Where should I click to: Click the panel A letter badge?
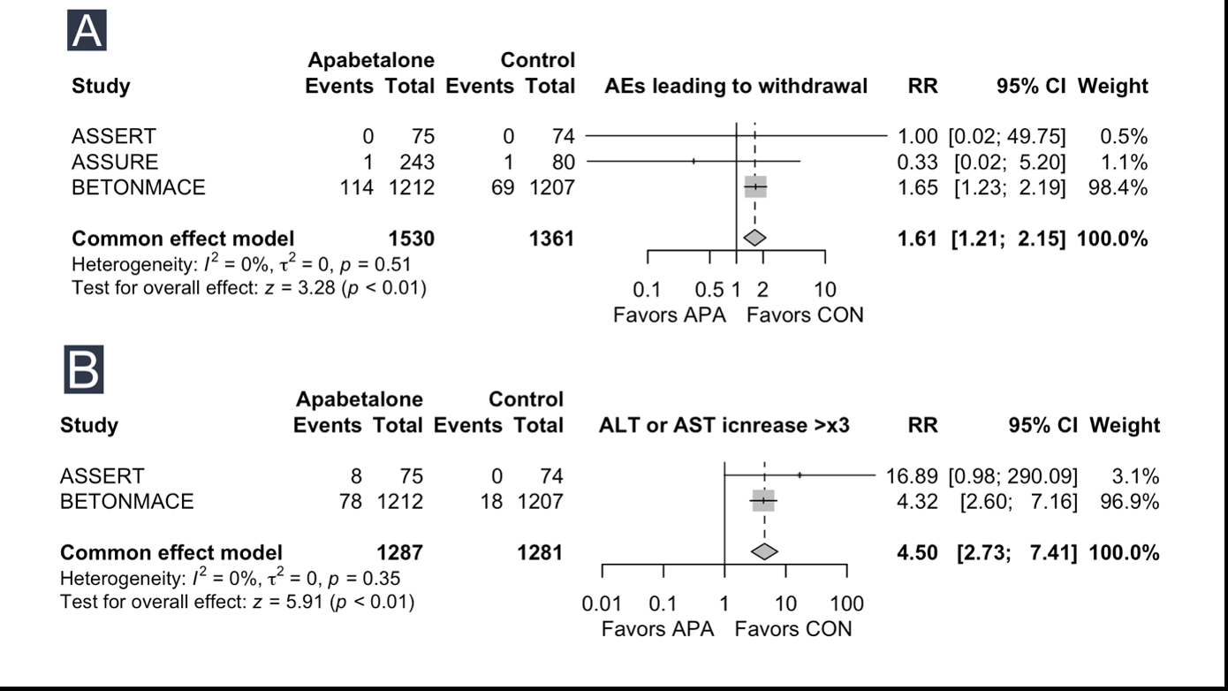pyautogui.click(x=87, y=31)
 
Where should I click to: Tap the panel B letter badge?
pyautogui.click(x=84, y=369)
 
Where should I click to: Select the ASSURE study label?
pyautogui.click(x=115, y=162)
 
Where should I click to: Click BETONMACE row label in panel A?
pyautogui.click(x=138, y=187)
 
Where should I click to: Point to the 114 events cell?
pyautogui.click(x=356, y=187)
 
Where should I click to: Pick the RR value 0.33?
pyautogui.click(x=918, y=162)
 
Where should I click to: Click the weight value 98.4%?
pyautogui.click(x=1124, y=187)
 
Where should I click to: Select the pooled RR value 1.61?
pyautogui.click(x=918, y=238)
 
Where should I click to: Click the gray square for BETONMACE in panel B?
pyautogui.click(x=762, y=501)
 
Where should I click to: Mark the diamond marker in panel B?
pyautogui.click(x=764, y=552)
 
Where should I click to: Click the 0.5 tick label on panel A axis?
pyautogui.click(x=709, y=290)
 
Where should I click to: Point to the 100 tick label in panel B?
pyautogui.click(x=847, y=604)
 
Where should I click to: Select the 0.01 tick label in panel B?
pyautogui.click(x=601, y=604)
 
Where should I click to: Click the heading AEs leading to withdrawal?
pyautogui.click(x=736, y=86)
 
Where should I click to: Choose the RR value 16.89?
pyautogui.click(x=912, y=476)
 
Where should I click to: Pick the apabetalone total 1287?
pyautogui.click(x=399, y=552)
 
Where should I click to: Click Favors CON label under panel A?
pyautogui.click(x=805, y=315)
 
